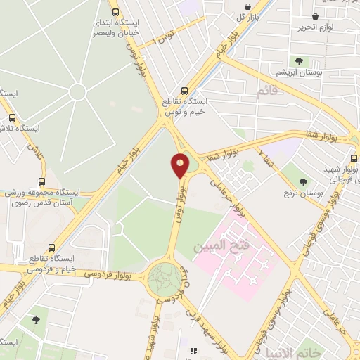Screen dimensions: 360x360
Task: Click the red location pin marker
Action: [x=180, y=165]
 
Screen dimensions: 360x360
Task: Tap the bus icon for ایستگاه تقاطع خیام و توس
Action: [x=184, y=91]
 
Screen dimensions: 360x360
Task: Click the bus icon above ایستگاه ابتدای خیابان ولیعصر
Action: [x=116, y=12]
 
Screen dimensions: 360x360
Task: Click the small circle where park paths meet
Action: [x=77, y=92]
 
